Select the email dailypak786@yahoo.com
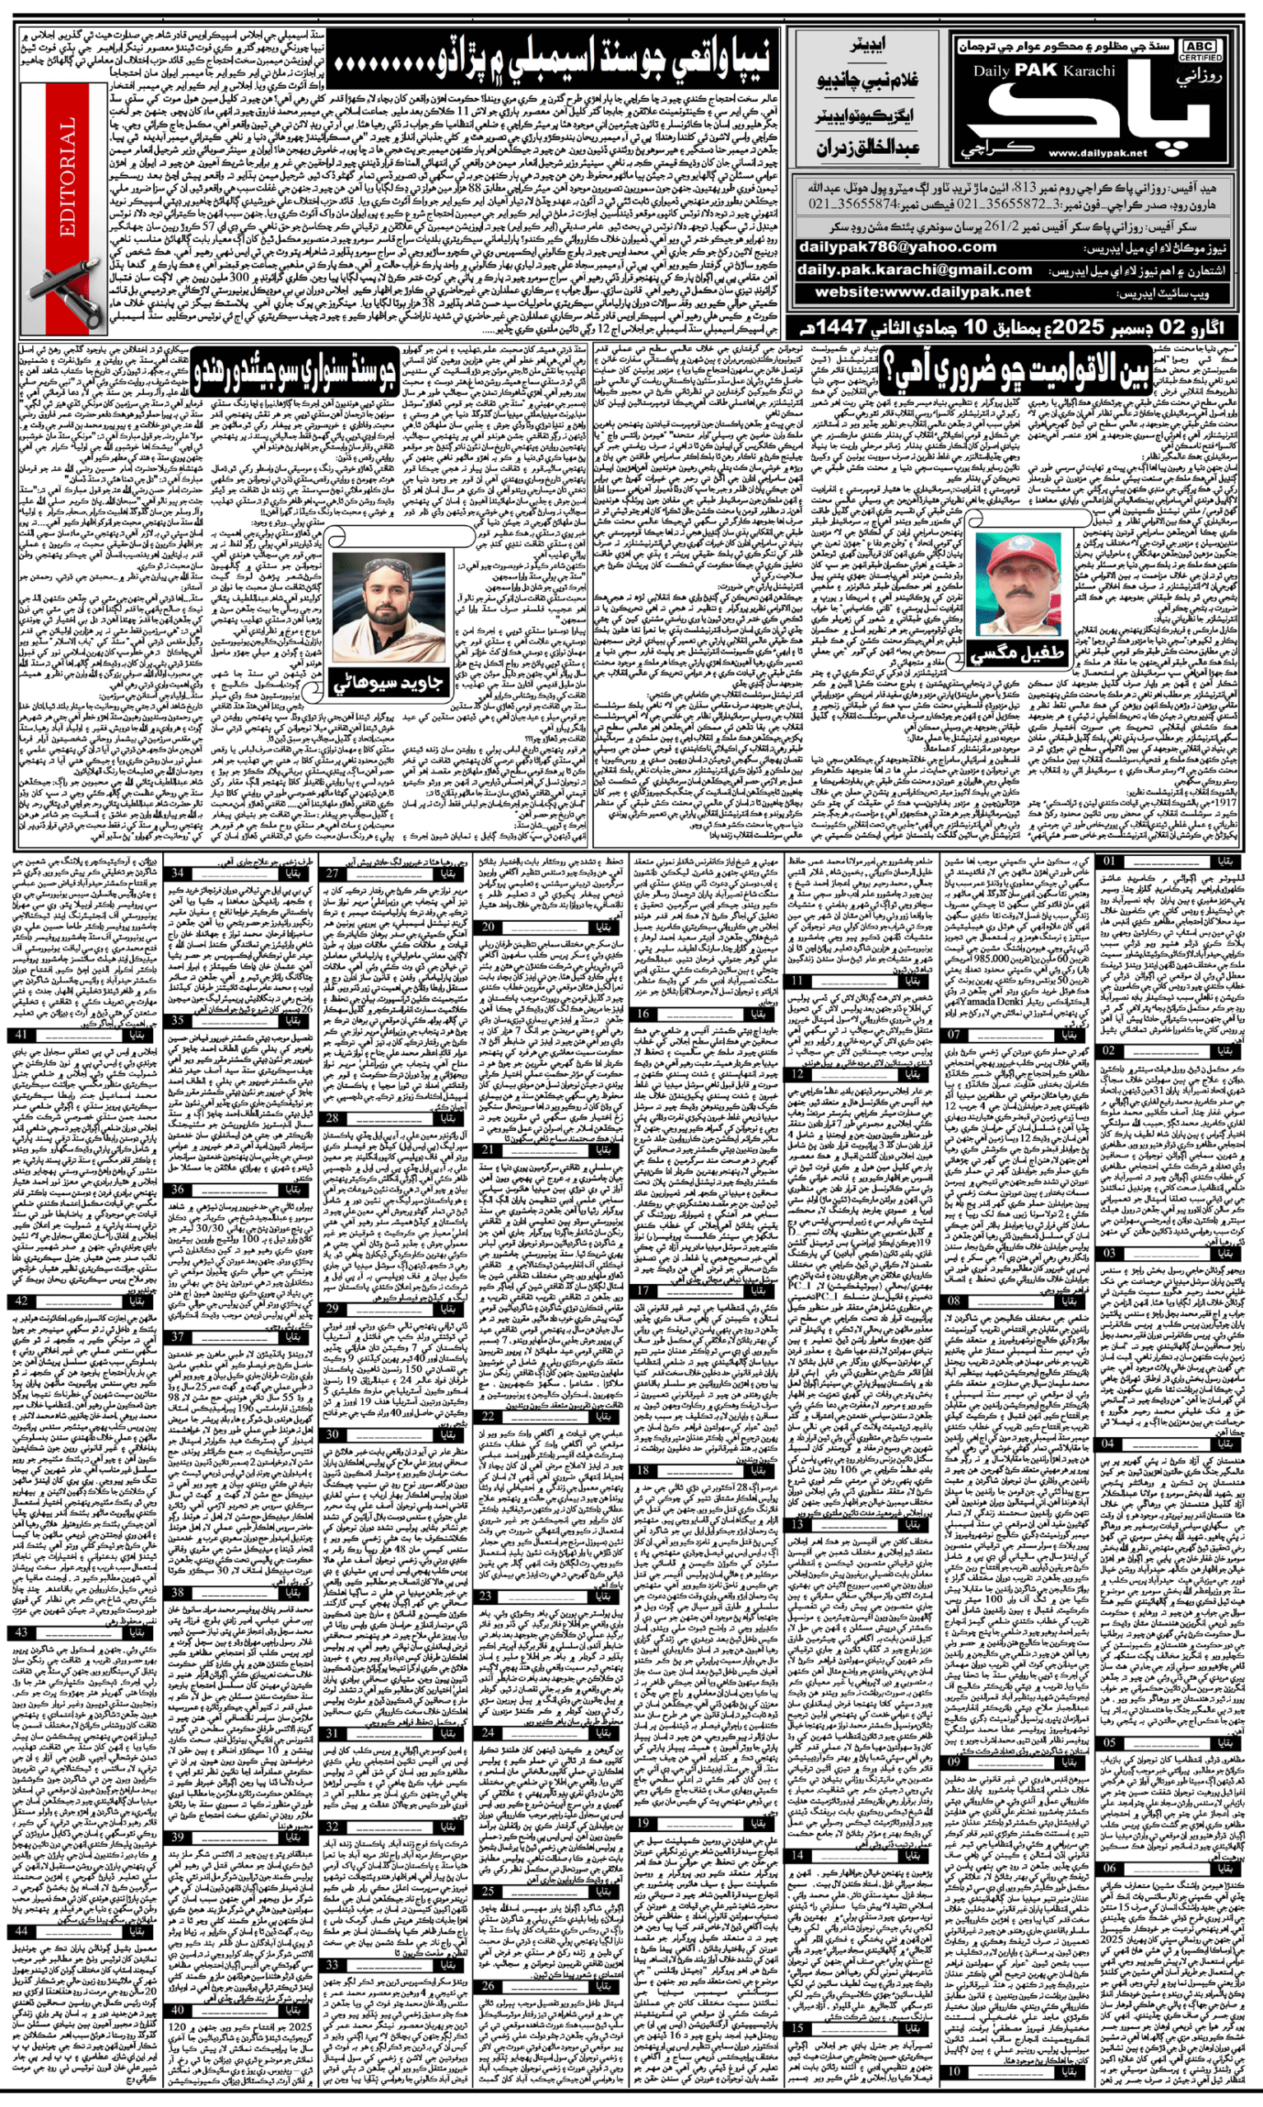pyautogui.click(x=897, y=247)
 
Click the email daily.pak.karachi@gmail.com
pyautogui.click(x=914, y=269)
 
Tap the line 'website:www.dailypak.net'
pyautogui.click(x=922, y=291)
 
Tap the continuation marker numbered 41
pyautogui.click(x=21, y=1035)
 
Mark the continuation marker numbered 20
pyautogui.click(x=490, y=926)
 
